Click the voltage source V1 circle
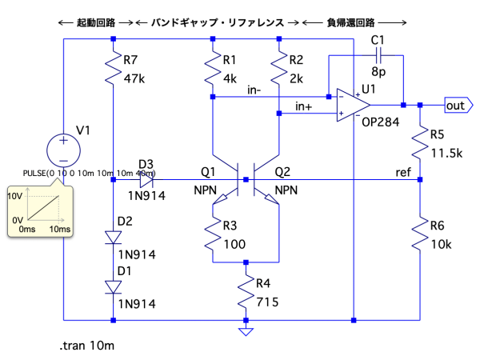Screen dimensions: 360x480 pos(63,147)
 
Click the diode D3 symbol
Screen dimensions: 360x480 pos(145,181)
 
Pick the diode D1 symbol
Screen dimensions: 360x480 pos(114,286)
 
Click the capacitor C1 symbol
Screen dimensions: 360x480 pos(378,58)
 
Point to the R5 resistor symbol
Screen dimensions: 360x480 pos(420,144)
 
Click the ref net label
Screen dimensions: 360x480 pos(404,173)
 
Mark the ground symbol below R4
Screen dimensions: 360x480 pos(246,330)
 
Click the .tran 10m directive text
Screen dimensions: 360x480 pos(87,345)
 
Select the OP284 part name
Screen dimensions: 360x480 pos(378,122)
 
